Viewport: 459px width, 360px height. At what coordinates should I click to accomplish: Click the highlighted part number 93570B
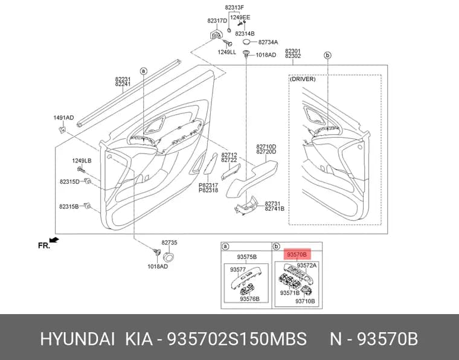(x=297, y=255)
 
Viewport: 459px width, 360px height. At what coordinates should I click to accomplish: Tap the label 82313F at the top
(x=234, y=8)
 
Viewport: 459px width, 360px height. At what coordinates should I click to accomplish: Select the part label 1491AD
(x=63, y=118)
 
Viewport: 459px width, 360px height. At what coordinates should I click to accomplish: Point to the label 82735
(x=169, y=243)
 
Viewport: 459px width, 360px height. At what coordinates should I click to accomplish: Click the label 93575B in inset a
(x=247, y=257)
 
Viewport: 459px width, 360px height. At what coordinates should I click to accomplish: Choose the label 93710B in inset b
(x=305, y=301)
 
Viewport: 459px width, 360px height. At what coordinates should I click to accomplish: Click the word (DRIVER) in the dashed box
(x=303, y=79)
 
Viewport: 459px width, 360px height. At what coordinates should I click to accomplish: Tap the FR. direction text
(x=44, y=246)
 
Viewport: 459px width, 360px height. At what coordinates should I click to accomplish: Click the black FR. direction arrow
(x=54, y=240)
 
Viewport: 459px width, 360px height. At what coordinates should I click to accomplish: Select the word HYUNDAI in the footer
(x=77, y=339)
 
